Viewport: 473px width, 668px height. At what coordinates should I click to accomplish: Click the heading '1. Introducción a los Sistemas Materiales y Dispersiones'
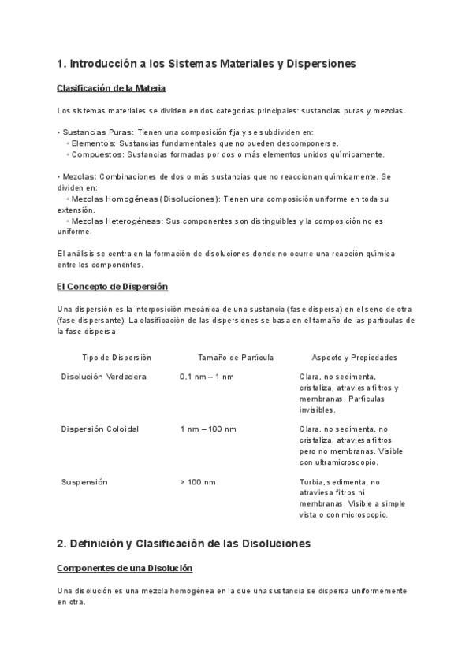207,62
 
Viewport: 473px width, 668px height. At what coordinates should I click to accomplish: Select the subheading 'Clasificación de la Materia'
111,87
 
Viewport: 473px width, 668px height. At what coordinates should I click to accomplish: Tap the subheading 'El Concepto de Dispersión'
112,286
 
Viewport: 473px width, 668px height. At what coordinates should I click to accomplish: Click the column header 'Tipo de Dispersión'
117,358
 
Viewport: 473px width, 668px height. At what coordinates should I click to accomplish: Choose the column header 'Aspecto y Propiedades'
354,358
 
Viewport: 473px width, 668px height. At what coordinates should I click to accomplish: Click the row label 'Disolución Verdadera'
104,377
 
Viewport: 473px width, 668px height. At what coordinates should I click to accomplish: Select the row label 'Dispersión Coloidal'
100,429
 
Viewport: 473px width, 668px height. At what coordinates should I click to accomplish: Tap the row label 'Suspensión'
84,481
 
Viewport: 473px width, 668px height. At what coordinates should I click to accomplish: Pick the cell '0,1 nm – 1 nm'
207,377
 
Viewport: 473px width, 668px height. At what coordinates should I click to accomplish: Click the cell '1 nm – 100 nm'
207,429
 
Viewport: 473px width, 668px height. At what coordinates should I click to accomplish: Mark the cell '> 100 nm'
197,481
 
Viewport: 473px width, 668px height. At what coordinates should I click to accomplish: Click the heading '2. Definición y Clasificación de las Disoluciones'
184,544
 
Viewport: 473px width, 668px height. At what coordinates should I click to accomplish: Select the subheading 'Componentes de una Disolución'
125,568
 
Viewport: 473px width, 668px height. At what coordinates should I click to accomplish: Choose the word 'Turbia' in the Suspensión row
311,481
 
